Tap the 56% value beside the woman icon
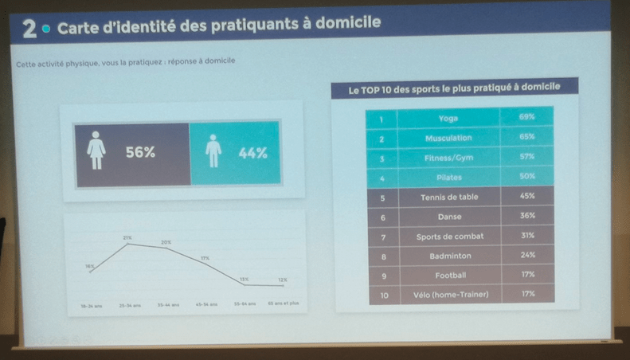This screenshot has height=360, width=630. tap(140, 153)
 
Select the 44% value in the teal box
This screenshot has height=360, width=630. tap(252, 153)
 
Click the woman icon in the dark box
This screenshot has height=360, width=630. tap(96, 151)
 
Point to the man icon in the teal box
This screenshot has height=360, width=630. tap(213, 151)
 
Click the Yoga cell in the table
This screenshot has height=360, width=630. tap(448, 118)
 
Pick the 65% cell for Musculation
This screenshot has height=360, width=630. tap(526, 137)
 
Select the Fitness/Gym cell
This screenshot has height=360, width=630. tap(448, 157)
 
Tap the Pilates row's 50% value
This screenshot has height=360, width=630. tap(526, 176)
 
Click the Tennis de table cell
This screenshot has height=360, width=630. tap(448, 196)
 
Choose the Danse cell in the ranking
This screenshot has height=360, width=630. tap(448, 216)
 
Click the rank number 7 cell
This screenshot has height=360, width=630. tap(383, 237)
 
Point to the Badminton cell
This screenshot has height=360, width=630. tap(448, 256)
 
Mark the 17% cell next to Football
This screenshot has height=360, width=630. tap(526, 275)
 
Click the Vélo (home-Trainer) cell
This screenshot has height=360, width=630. tap(448, 294)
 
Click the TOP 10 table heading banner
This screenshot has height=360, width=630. tap(454, 87)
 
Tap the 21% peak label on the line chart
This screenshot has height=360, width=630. tap(127, 237)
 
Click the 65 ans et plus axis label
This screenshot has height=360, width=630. tap(283, 303)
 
